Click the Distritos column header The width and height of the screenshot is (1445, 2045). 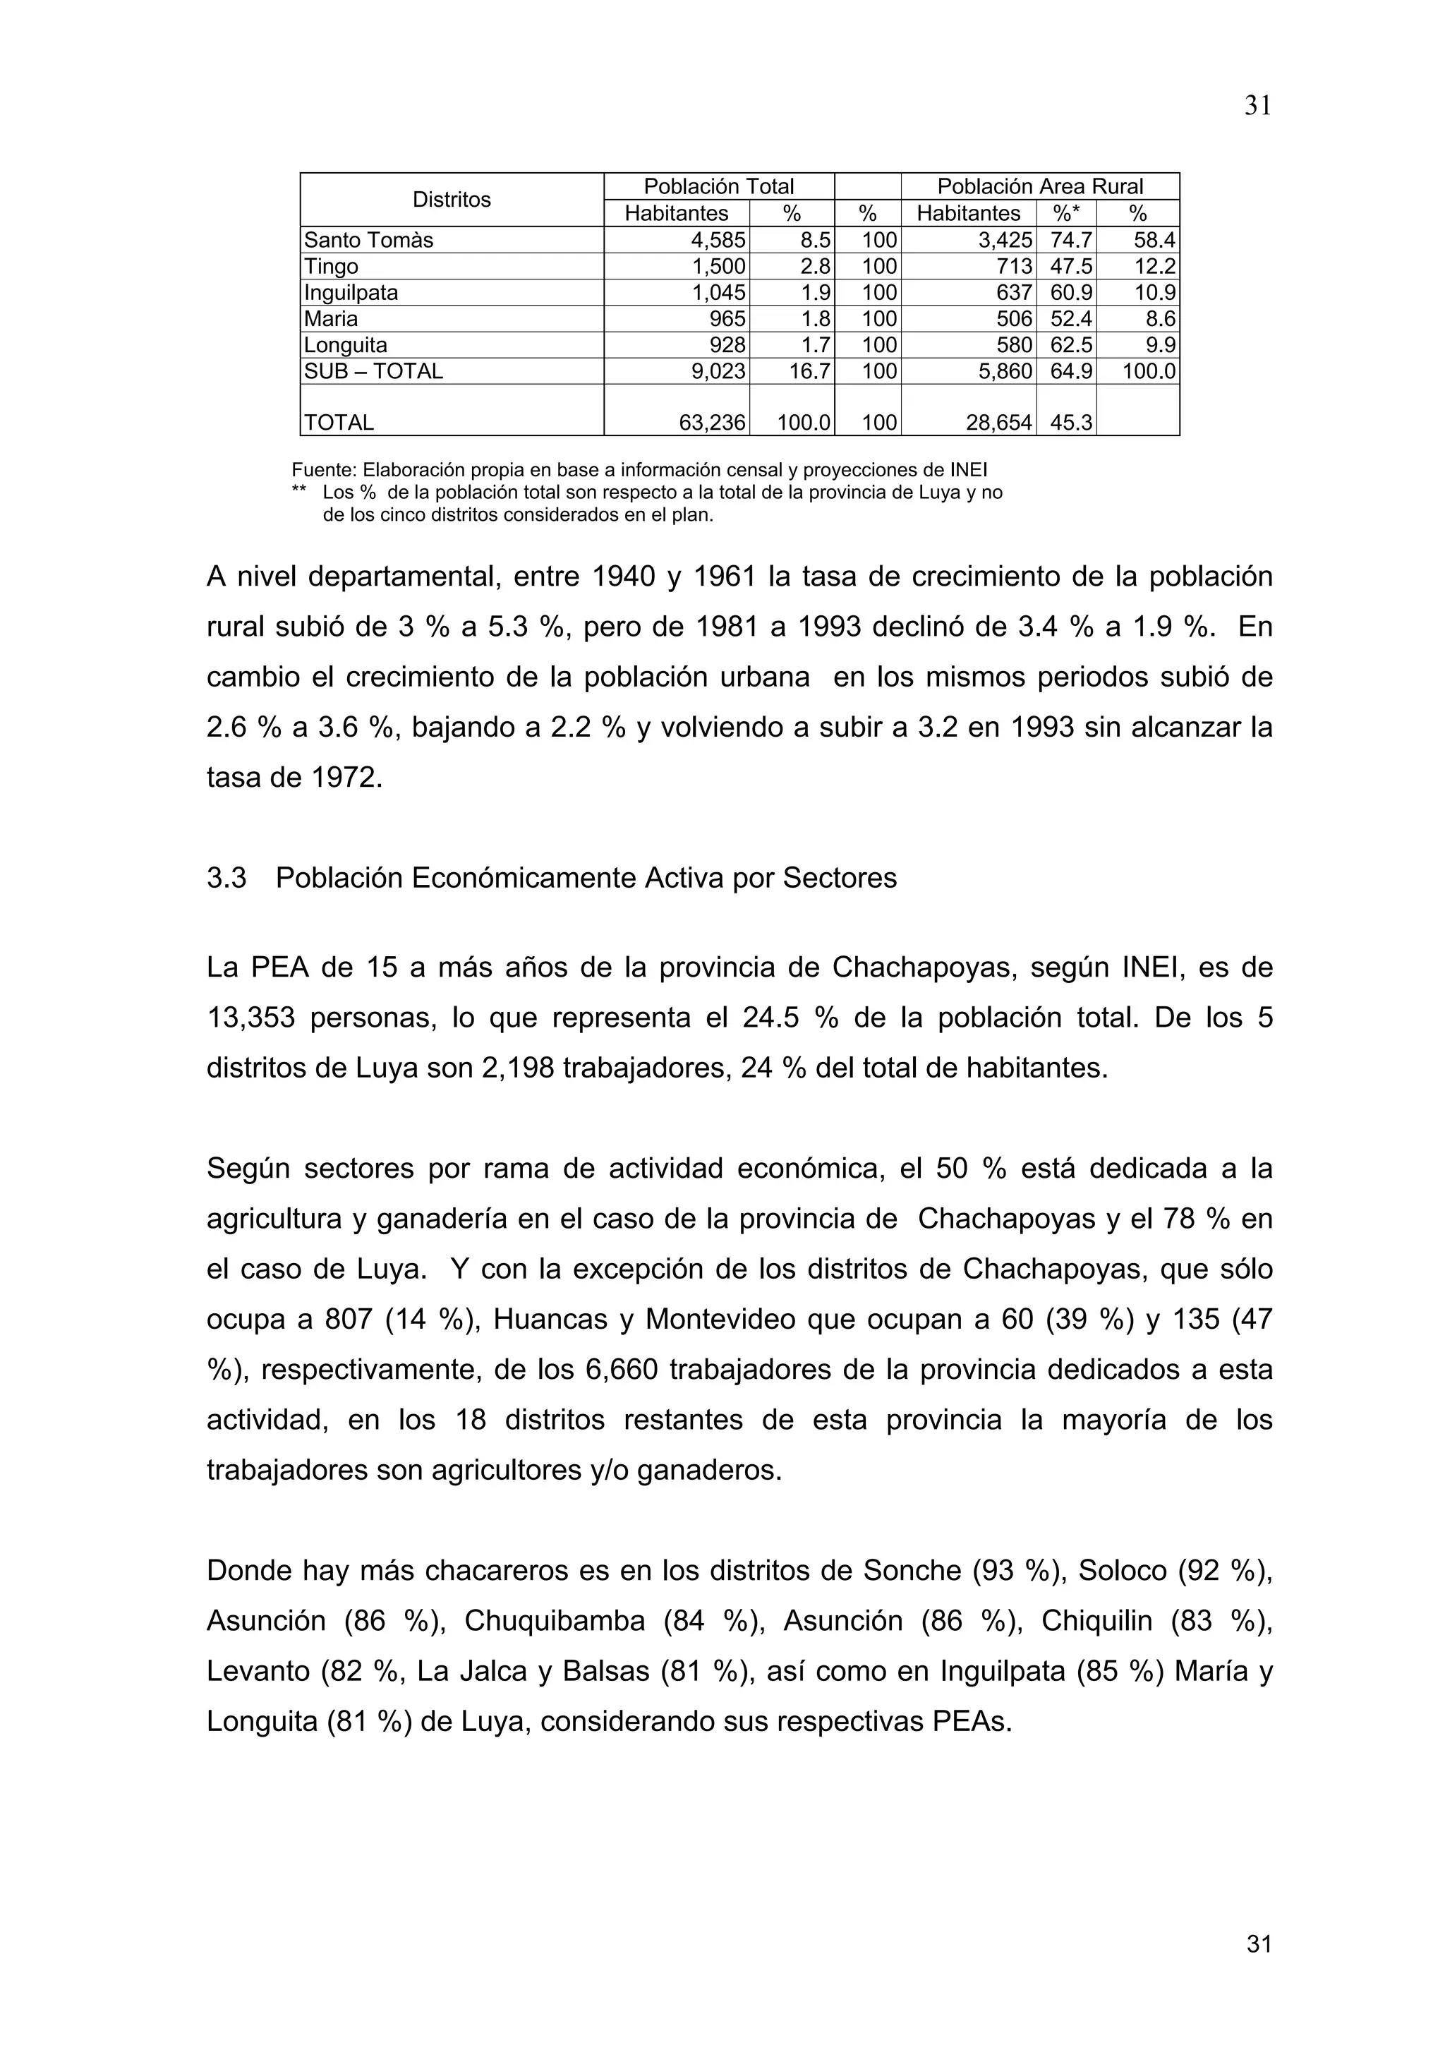[452, 200]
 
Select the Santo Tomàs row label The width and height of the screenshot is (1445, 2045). [368, 241]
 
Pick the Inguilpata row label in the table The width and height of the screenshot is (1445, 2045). [351, 293]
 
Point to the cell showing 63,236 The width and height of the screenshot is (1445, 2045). [711, 423]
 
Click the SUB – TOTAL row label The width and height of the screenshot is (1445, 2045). [373, 371]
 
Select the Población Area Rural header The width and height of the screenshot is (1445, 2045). [1040, 186]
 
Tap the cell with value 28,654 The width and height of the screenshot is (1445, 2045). [999, 423]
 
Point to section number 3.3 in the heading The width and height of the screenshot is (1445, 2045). [226, 879]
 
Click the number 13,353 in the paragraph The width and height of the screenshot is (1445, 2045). [250, 1017]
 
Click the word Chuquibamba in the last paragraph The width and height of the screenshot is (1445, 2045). [554, 1620]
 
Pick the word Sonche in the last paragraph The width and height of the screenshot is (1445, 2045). [912, 1569]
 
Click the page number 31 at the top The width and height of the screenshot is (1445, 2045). [1257, 106]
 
